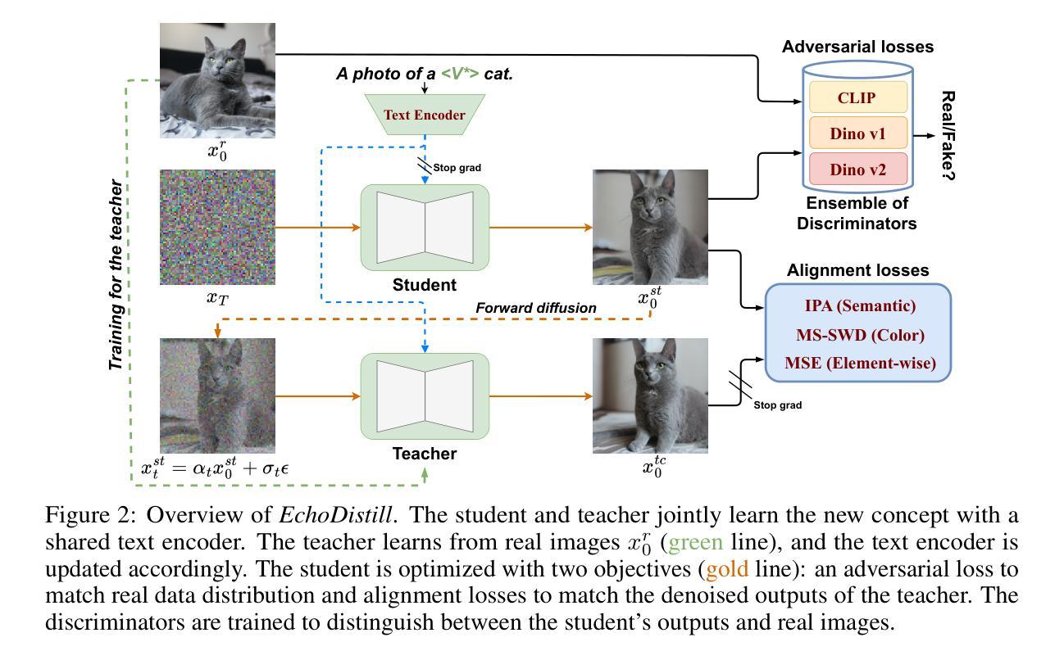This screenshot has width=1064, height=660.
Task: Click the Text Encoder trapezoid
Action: click(425, 115)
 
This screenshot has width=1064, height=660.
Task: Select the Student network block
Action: click(425, 228)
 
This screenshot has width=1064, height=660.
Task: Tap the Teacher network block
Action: click(425, 396)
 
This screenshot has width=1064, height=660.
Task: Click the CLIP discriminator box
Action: click(857, 97)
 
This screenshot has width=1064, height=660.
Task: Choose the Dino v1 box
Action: click(857, 133)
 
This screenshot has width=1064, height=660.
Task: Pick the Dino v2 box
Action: click(857, 169)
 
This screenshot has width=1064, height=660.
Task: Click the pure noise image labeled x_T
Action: click(217, 227)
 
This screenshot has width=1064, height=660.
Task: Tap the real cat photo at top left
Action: click(217, 80)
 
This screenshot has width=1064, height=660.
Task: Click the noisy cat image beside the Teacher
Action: click(217, 396)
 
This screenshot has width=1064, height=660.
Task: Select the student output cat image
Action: click(650, 227)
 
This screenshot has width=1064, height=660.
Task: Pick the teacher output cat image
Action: click(650, 396)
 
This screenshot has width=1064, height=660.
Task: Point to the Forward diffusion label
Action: click(536, 308)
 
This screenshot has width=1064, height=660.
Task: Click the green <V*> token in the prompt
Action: click(460, 74)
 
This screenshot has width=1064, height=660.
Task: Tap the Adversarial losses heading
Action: click(857, 47)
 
